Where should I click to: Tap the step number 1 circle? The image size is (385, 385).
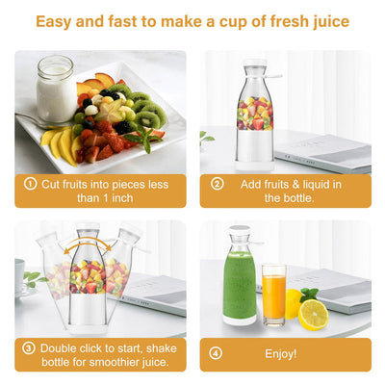(31, 183)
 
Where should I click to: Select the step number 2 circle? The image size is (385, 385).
(217, 183)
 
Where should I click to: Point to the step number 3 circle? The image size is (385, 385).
(31, 348)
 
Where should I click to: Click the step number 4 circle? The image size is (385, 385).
(217, 354)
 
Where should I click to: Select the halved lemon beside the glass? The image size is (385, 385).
(312, 314)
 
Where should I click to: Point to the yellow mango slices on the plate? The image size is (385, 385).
(60, 144)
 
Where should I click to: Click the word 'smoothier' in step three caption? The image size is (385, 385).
(113, 362)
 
